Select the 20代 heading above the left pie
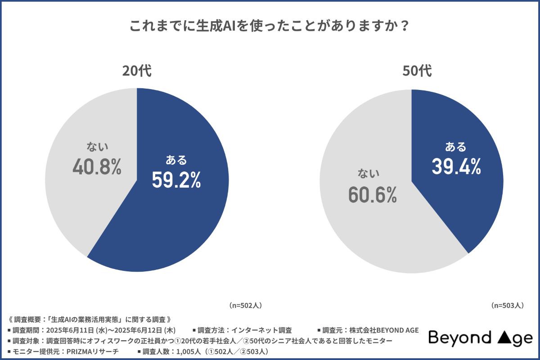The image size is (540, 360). click(x=137, y=72)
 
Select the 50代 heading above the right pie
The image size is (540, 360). click(x=411, y=72)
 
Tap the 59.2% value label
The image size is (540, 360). click(x=176, y=180)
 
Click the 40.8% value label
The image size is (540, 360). click(x=97, y=167)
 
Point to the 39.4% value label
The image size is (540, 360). click(x=456, y=167)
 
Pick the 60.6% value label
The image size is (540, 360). click(x=372, y=194)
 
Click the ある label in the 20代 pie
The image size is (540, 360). click(x=176, y=160)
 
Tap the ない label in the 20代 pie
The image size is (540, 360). click(x=97, y=147)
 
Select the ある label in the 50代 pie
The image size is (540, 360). click(x=456, y=147)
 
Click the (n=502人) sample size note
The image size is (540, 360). click(x=245, y=305)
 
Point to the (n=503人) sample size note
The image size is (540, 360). click(x=507, y=305)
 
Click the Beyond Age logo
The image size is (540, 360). click(x=480, y=337)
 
